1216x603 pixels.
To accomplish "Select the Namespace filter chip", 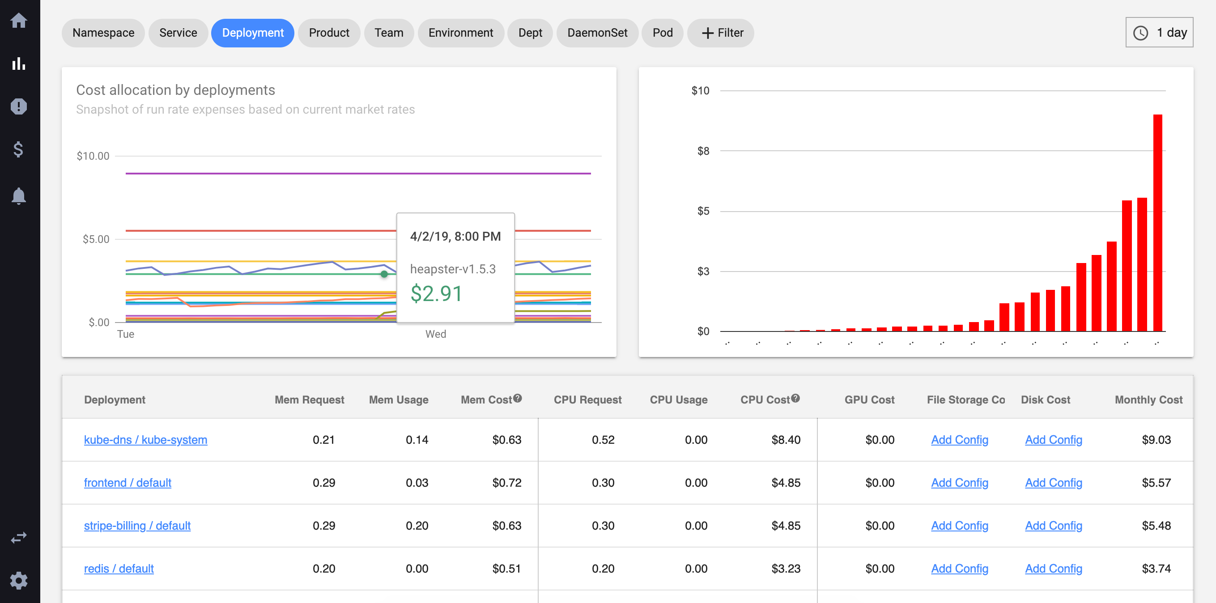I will [103, 33].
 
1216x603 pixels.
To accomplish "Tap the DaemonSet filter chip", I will [597, 33].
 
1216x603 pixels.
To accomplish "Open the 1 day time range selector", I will [1159, 33].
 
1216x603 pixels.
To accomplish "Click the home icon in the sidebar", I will [19, 20].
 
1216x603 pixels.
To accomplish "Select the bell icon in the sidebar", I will [19, 196].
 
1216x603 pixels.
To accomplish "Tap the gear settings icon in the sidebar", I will [19, 580].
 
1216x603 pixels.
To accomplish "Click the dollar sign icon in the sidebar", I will [19, 149].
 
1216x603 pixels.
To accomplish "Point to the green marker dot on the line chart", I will [384, 274].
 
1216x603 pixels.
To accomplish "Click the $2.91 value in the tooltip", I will [436, 293].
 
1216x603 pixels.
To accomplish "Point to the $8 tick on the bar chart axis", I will [703, 151].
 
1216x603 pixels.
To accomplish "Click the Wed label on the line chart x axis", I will [435, 334].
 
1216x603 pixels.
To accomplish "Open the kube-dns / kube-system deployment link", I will [145, 440].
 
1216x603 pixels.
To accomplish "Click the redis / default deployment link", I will [119, 569].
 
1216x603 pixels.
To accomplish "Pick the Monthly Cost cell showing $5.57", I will [1156, 483].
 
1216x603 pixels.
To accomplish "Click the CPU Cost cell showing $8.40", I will [786, 440].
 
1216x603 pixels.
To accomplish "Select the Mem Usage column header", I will [399, 399].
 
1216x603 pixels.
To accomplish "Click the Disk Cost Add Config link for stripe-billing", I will [1053, 526].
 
